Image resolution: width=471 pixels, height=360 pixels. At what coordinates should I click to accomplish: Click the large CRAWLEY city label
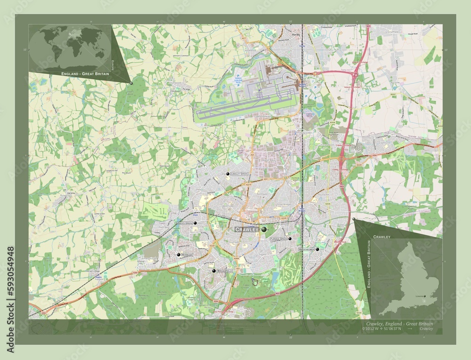[x=247, y=229]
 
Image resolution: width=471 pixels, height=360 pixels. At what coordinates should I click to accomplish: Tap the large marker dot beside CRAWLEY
[x=264, y=229]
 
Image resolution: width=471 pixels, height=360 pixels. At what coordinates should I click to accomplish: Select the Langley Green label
[x=239, y=174]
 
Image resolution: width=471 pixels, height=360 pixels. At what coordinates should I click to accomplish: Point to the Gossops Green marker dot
[x=195, y=223]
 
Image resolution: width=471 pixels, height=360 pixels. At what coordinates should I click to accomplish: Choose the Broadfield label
[x=224, y=272]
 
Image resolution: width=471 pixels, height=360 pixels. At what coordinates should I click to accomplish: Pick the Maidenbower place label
[x=307, y=249]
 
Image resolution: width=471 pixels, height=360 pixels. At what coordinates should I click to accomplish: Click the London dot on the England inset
[x=425, y=296]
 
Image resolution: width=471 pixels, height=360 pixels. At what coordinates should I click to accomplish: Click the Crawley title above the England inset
[x=382, y=236]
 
